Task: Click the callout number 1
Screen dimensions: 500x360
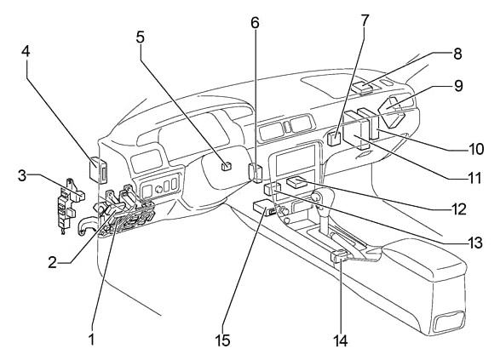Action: pos(91,340)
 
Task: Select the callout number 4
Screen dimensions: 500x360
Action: pos(26,51)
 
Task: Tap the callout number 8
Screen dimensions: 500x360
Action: pos(457,54)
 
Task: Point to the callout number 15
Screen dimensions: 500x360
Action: pos(223,340)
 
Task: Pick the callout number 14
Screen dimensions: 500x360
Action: pos(340,340)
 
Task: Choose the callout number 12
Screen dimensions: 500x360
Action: pos(458,209)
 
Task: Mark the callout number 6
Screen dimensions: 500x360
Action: pos(255,23)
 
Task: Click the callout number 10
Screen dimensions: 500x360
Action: pos(476,149)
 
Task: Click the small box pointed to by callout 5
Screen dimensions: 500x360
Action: pos(227,166)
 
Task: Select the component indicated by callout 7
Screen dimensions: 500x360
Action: pos(334,139)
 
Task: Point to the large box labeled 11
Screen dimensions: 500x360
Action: pos(356,130)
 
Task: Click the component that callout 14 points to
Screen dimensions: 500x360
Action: pos(339,256)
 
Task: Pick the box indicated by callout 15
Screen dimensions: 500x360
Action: pos(264,208)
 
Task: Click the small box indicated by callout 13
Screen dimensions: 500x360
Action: pos(272,189)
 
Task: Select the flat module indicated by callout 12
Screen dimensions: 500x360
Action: pos(296,183)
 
